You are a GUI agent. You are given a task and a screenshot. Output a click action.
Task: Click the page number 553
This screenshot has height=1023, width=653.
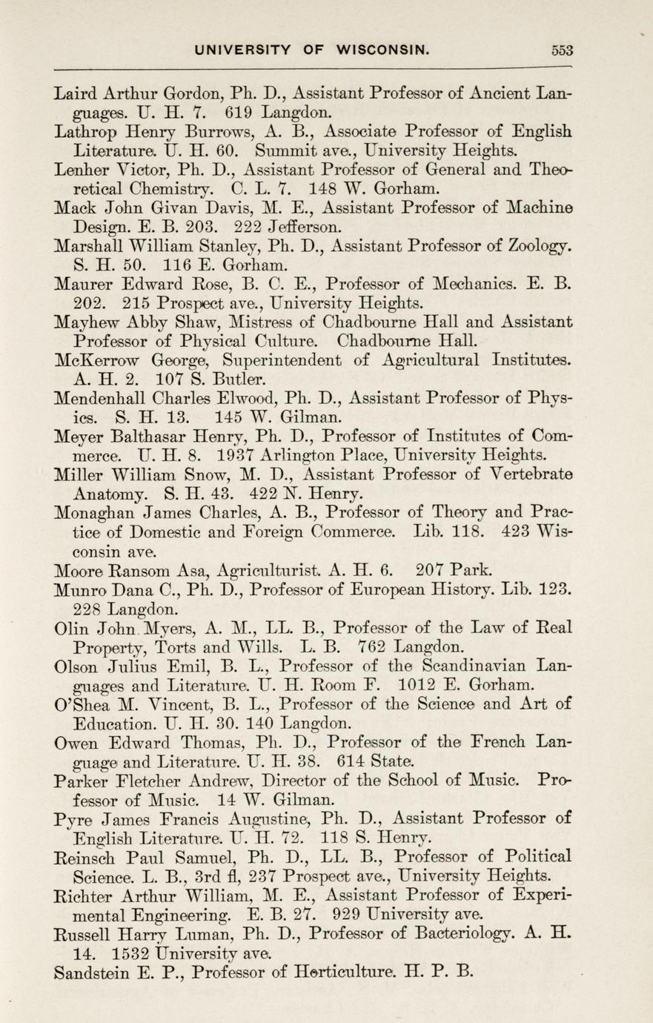(563, 51)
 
